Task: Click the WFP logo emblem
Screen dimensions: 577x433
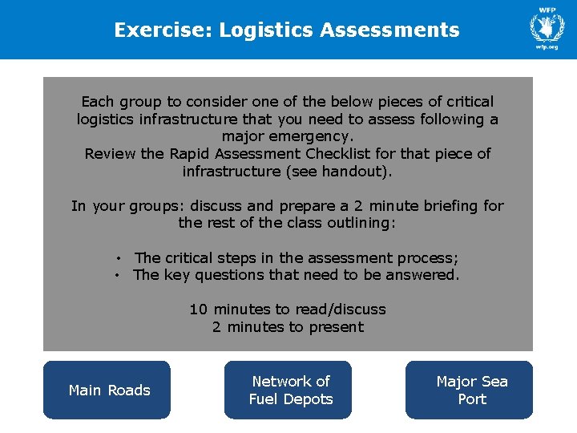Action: (547, 26)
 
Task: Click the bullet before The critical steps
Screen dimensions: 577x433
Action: (117, 258)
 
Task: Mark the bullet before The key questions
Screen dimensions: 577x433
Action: (117, 276)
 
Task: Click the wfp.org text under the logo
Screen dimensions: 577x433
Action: (547, 47)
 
